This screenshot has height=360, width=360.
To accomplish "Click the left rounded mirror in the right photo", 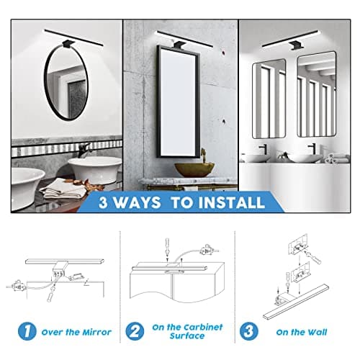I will click(x=268, y=100).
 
